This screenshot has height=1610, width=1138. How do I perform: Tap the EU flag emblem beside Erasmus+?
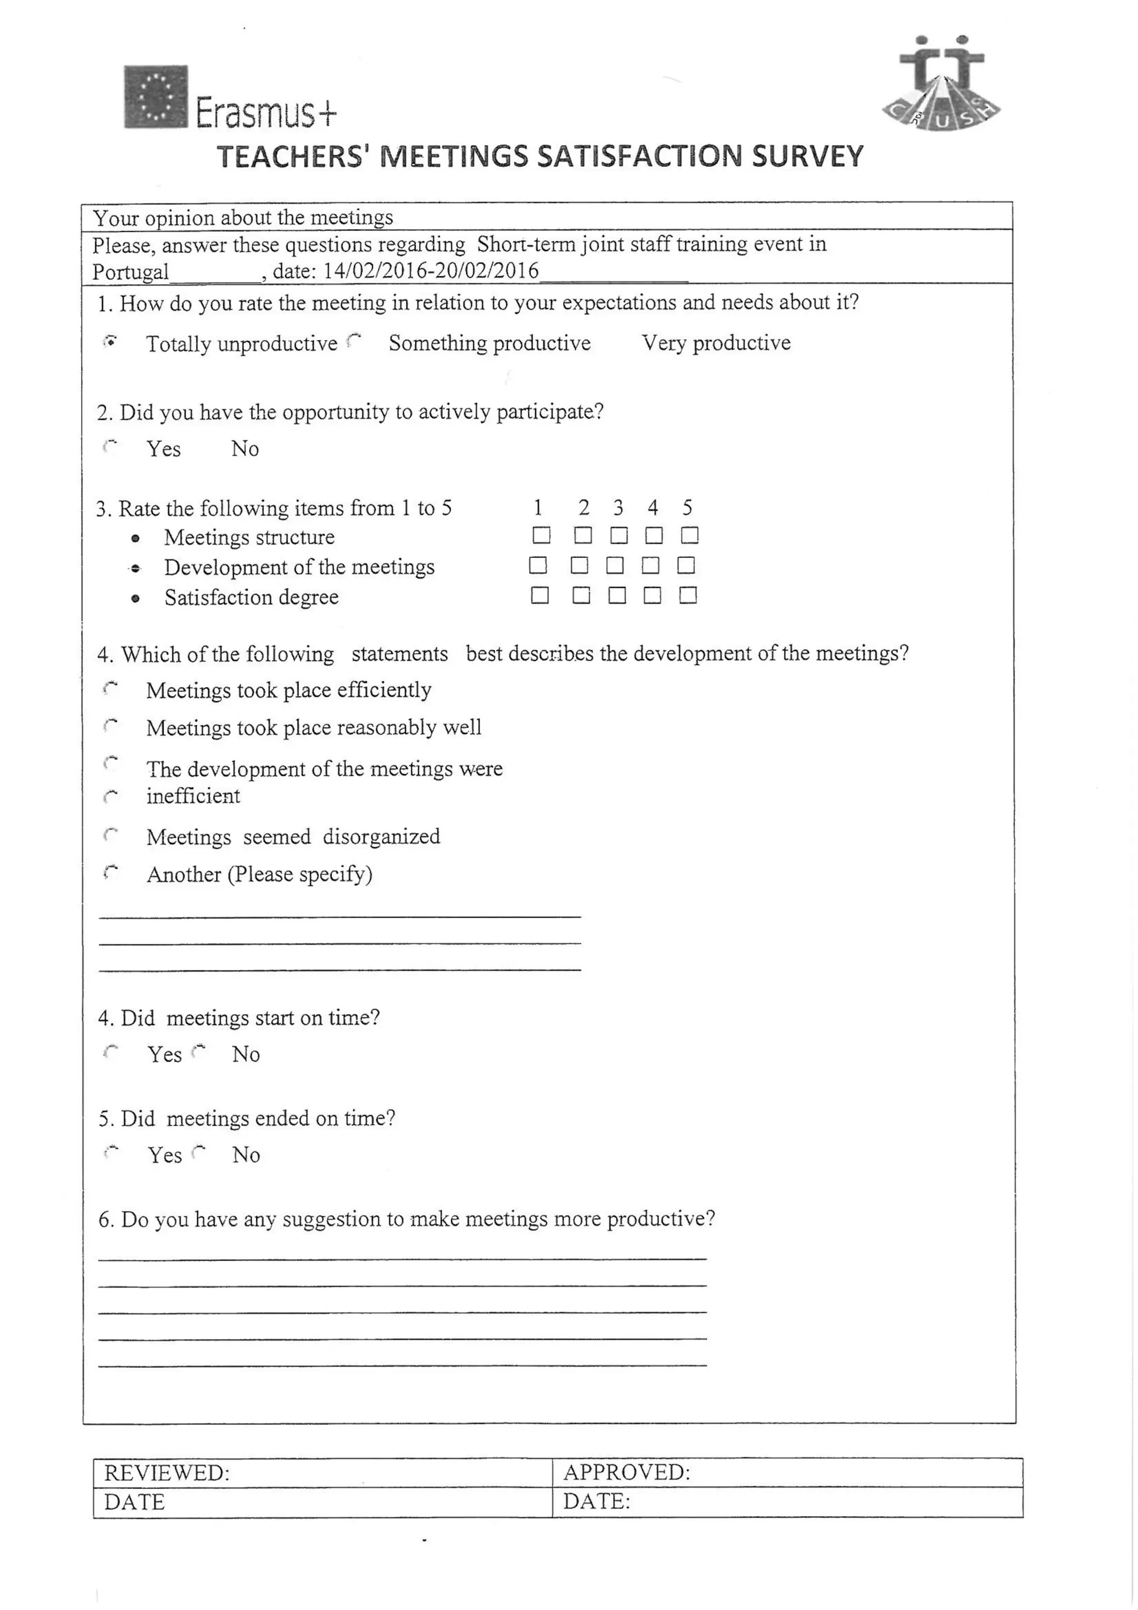click(x=156, y=97)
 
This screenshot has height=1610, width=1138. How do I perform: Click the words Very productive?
click(x=716, y=342)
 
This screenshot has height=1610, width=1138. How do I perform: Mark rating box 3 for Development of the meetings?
click(x=615, y=565)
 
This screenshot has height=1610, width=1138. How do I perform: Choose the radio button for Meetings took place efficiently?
click(x=110, y=689)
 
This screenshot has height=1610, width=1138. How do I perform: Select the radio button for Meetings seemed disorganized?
click(x=110, y=835)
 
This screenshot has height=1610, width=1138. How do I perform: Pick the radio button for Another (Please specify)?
click(x=110, y=873)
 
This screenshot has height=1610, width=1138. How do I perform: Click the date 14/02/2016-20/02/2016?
click(x=431, y=271)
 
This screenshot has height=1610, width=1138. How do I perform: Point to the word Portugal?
click(x=131, y=272)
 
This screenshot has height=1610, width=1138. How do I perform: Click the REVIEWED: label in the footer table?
click(x=167, y=1473)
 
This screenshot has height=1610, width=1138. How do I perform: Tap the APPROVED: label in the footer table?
click(x=627, y=1472)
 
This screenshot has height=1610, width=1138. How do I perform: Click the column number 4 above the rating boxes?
click(x=653, y=507)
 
